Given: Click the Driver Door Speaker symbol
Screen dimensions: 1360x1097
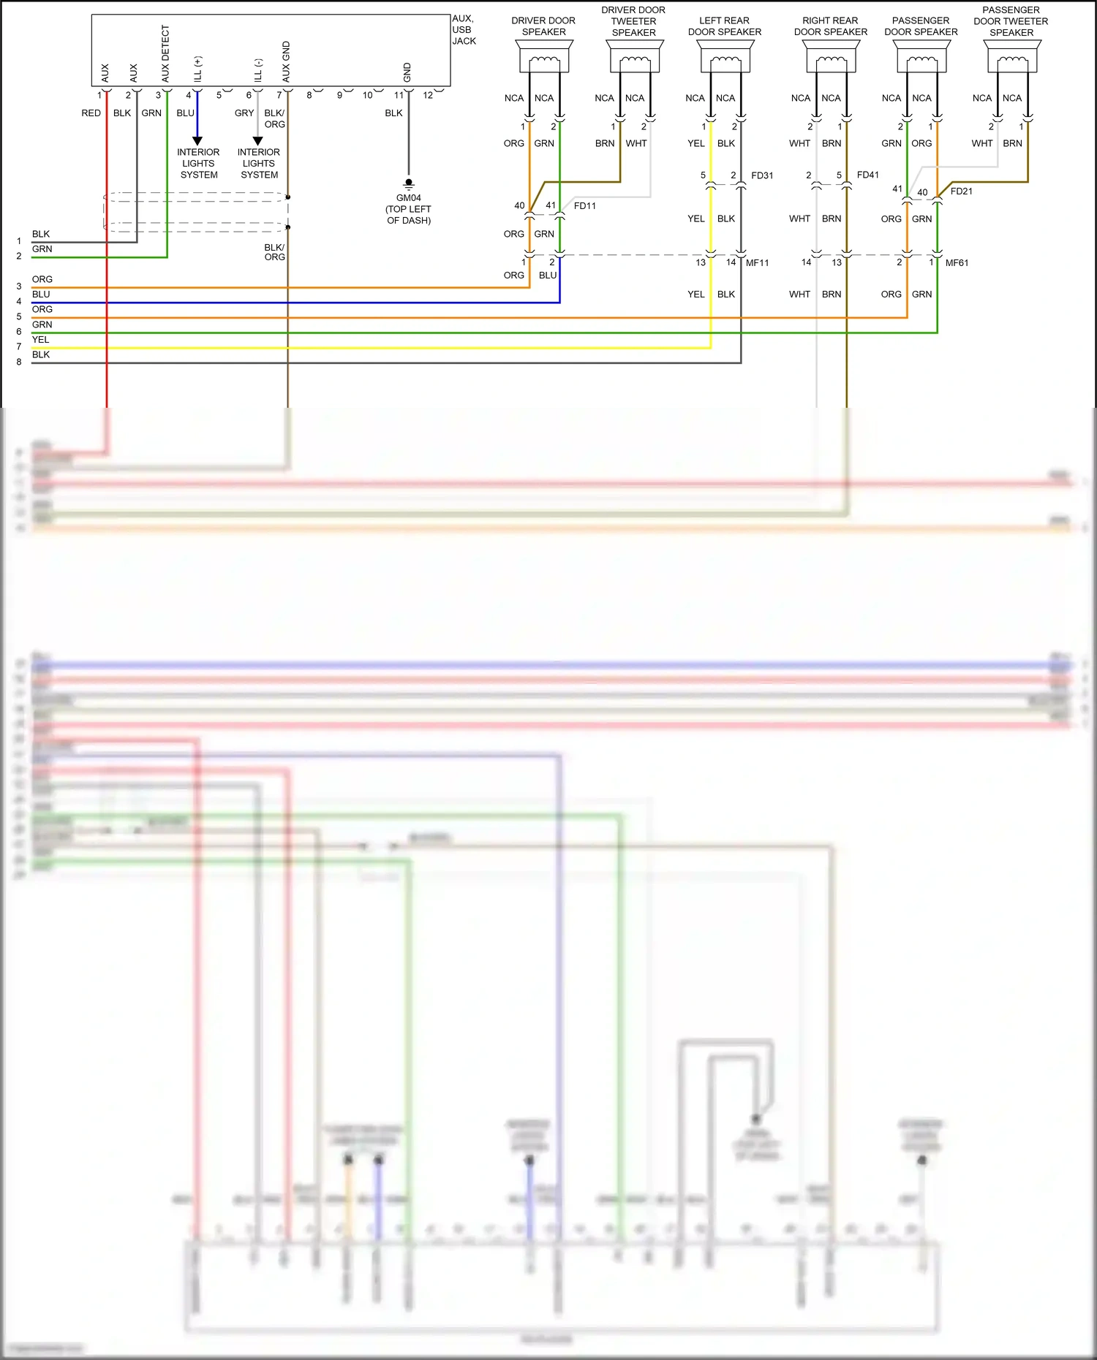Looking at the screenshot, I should pos(544,56).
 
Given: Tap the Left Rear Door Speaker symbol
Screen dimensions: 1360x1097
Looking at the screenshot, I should pos(725,56).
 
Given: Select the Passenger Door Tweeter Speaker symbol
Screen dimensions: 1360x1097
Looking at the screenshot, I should pos(1012,56).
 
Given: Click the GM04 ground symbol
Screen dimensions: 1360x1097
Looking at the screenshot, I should pos(409,183).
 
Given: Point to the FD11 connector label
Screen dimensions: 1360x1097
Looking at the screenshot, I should pos(584,206).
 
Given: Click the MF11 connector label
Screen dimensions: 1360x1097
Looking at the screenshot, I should pos(757,263).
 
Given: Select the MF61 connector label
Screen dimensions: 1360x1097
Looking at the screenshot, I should pos(957,263).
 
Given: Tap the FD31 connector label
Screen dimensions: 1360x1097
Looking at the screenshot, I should pos(762,175).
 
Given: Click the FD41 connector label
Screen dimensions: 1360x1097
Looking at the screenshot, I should pos(867,175).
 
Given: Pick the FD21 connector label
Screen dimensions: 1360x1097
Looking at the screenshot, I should pos(961,191).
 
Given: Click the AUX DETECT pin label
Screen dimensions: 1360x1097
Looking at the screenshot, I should pos(165,53).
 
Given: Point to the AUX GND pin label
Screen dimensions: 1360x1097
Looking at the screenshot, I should pos(286,61).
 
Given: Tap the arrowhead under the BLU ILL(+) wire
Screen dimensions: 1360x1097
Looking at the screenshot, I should pos(197,140).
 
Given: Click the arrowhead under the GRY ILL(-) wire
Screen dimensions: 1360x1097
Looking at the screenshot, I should pos(257,140).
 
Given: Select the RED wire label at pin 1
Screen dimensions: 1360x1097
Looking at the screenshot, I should pos(91,113).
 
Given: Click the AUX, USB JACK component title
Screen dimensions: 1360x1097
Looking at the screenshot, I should pos(464,30).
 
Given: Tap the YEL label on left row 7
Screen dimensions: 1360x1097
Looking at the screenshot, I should pos(40,340).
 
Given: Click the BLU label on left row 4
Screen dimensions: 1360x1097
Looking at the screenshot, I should pos(41,295).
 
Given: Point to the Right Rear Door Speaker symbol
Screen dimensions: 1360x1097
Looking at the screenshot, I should pos(831,56).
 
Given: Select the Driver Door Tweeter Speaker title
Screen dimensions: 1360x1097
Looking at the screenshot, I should pos(633,21).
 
